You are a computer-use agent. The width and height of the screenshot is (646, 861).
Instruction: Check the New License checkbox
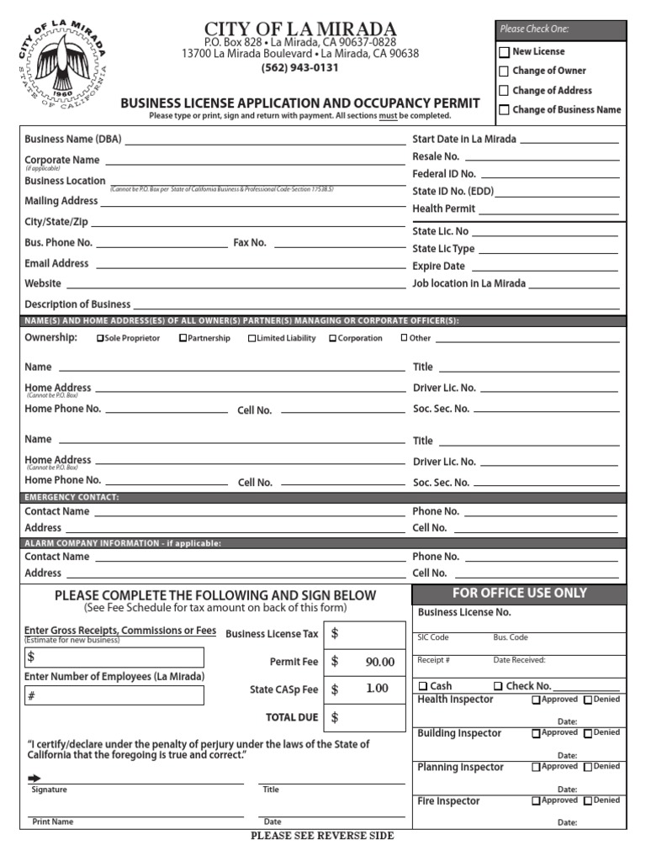(504, 52)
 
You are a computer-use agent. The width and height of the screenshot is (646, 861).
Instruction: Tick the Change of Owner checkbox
(504, 71)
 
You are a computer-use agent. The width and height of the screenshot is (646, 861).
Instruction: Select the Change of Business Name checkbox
(504, 110)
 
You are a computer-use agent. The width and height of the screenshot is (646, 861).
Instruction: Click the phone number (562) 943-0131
(300, 68)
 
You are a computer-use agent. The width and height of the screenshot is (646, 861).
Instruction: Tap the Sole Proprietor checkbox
(101, 339)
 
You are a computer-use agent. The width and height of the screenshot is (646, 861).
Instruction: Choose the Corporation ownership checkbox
(332, 339)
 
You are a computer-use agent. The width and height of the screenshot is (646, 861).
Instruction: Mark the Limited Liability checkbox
(252, 339)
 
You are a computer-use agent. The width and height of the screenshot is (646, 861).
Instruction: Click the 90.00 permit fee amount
(379, 662)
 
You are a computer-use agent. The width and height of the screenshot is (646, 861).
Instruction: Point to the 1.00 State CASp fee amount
(377, 689)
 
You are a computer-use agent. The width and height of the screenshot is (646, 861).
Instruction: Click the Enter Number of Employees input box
(114, 695)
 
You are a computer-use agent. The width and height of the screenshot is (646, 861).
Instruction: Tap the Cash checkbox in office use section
(423, 686)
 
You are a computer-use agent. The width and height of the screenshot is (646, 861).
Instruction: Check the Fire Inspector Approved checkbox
(536, 801)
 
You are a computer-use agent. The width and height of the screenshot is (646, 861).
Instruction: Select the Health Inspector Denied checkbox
(588, 700)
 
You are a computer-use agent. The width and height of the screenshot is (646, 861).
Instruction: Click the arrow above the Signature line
(34, 779)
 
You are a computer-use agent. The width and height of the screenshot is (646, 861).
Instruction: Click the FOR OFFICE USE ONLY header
(519, 594)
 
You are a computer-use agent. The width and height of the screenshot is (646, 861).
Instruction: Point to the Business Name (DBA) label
(73, 140)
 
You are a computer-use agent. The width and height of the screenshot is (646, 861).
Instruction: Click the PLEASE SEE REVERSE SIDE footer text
(322, 836)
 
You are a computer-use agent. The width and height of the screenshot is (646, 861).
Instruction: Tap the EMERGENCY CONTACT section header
(71, 498)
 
